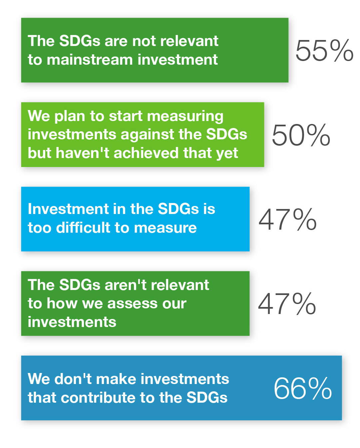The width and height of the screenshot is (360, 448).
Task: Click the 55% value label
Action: (x=324, y=51)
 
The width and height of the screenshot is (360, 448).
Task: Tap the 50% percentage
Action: (x=301, y=135)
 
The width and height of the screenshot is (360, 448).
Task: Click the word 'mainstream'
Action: (x=90, y=60)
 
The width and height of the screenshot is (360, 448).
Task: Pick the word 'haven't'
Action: (x=83, y=153)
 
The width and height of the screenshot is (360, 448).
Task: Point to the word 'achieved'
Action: (x=146, y=153)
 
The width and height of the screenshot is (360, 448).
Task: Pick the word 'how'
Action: (x=62, y=304)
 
